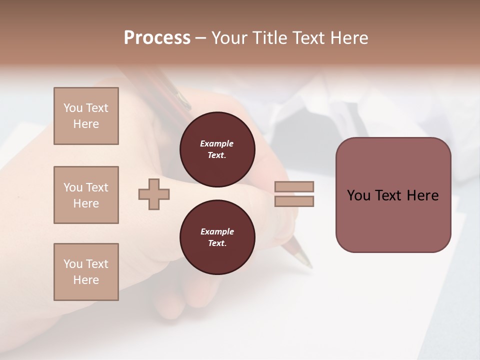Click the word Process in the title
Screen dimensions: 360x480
tap(157, 38)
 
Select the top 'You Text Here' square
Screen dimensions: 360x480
tap(86, 116)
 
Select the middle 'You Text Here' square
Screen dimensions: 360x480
tap(86, 195)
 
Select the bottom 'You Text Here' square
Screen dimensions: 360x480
tap(86, 272)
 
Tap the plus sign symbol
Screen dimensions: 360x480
tap(154, 194)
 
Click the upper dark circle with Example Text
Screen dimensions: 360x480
tap(217, 149)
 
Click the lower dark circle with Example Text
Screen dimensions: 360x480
tap(217, 237)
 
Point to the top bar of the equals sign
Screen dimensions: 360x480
tap(294, 187)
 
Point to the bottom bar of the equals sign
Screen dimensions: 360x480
tap(294, 201)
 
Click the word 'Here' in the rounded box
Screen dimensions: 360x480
tap(422, 195)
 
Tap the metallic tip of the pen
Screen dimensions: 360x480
tap(303, 258)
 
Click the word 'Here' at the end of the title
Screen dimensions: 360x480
tap(349, 38)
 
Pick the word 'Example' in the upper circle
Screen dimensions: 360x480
tap(217, 143)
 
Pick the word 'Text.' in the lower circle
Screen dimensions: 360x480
tap(217, 243)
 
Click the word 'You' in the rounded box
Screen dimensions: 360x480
tap(359, 195)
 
